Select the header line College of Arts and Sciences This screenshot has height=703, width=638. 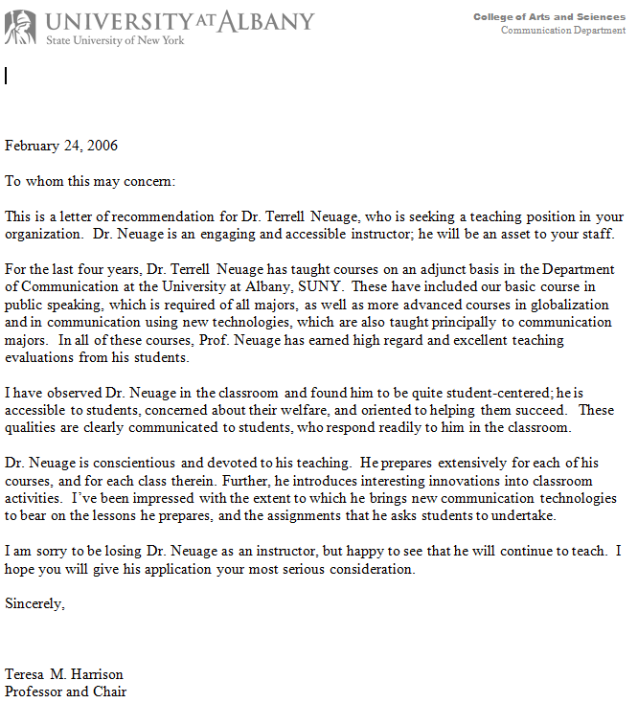click(549, 17)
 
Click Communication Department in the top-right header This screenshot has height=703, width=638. click(563, 31)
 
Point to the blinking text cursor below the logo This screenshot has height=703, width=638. click(6, 75)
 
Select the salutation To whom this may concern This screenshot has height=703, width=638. click(90, 181)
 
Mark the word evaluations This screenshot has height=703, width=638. click(41, 357)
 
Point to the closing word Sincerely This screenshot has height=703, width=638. click(35, 603)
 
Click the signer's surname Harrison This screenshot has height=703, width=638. click(95, 674)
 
